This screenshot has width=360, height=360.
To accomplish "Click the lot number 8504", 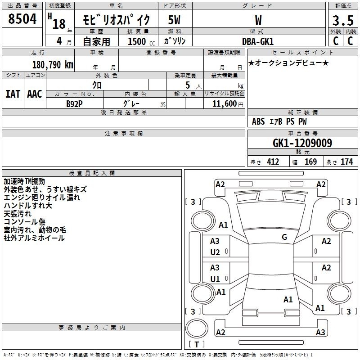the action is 22,19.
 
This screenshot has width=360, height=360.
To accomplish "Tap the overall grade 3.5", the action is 343,20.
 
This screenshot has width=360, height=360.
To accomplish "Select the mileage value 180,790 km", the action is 53,65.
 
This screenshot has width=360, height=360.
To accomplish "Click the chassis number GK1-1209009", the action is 302,143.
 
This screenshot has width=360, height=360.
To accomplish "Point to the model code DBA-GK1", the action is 258,41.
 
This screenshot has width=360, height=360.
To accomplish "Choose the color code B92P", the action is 74,104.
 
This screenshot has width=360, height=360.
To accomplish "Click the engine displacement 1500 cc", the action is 141,41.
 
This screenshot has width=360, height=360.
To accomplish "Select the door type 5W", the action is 174,20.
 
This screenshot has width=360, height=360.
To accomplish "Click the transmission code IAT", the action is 13,94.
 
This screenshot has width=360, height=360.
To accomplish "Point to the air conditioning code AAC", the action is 35,94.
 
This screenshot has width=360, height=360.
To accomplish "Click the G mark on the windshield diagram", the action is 284,237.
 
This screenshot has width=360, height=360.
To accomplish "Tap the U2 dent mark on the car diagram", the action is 215,252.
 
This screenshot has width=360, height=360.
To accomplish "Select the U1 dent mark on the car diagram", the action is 215,279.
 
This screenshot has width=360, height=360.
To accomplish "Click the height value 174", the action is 346,162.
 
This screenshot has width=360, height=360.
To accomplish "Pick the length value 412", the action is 273,162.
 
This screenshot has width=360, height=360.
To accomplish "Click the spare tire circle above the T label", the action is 197,328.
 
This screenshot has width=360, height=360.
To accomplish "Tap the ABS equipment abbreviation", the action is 258,121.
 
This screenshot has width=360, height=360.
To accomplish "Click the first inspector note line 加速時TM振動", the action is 24,181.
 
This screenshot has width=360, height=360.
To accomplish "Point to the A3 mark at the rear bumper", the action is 320,333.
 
